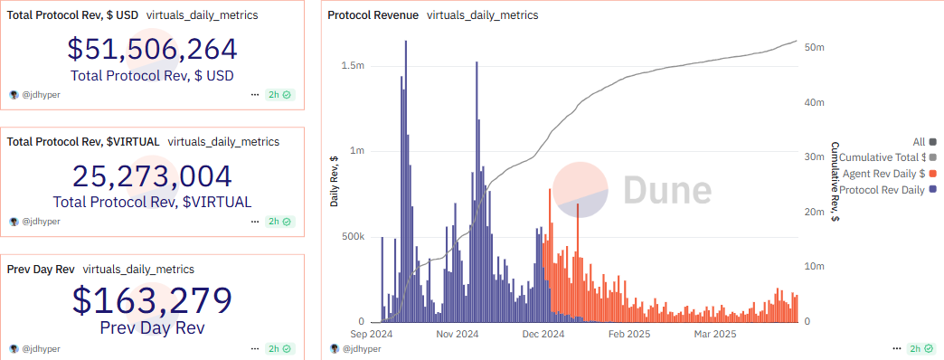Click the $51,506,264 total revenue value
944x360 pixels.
coord(152,50)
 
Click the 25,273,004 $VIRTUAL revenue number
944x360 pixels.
coord(152,175)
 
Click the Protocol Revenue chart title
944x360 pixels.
coord(373,15)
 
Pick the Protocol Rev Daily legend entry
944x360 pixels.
coord(882,189)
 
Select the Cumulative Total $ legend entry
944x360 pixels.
coord(883,157)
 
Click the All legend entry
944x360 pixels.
coord(919,141)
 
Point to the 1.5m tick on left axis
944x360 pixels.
coord(353,66)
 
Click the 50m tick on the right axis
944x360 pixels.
coord(813,47)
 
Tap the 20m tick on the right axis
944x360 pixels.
coord(813,212)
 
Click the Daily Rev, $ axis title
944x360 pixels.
coord(334,181)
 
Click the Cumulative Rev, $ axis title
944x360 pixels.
coord(835,181)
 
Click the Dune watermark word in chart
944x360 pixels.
coord(666,190)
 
